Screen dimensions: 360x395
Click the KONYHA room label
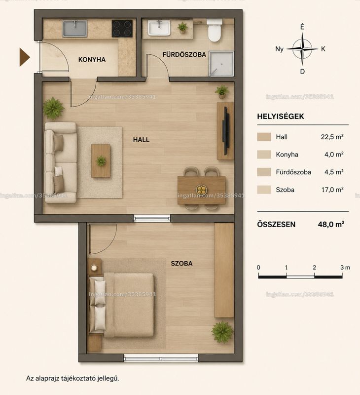(92, 60)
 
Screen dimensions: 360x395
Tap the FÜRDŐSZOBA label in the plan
(184, 54)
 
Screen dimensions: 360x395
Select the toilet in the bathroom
(215, 31)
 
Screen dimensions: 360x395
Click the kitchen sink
(75, 29)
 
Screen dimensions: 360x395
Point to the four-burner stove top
(122, 29)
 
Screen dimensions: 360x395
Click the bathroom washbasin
(159, 28)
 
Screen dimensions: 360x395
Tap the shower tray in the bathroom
(221, 64)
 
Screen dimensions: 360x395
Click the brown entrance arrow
(25, 57)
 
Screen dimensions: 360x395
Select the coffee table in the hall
(101, 161)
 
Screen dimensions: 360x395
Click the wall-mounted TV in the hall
(226, 130)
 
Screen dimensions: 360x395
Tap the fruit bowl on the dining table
(202, 189)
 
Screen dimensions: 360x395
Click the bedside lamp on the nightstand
(94, 268)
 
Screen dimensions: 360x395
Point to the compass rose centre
(302, 49)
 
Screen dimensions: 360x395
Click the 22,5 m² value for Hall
(332, 137)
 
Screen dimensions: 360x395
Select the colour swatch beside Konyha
(264, 155)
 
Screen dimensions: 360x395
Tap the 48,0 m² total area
(331, 224)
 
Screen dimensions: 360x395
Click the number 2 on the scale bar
(314, 268)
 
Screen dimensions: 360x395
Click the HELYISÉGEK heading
(281, 117)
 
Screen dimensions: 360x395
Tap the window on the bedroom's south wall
(161, 358)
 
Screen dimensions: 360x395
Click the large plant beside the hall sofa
(53, 108)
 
